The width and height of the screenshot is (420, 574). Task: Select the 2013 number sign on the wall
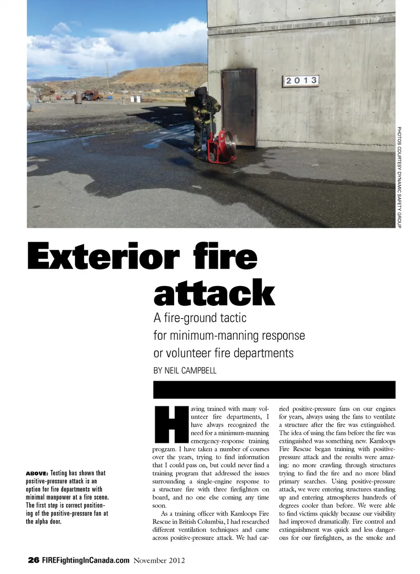301,81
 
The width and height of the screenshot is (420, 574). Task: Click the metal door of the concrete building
239,108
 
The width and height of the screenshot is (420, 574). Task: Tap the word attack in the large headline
214,293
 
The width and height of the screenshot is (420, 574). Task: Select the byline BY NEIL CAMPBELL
185,371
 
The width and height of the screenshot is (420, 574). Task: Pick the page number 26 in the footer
33,560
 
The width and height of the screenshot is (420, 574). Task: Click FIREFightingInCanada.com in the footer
86,560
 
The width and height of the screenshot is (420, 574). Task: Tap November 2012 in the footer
159,560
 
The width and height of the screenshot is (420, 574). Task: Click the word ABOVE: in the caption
37,473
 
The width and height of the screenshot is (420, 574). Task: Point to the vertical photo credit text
399,177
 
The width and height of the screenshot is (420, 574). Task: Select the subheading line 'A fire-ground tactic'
200,318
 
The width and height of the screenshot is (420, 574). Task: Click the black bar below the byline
274,390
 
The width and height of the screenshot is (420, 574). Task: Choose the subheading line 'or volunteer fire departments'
223,353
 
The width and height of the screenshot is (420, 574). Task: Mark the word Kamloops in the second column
382,441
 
